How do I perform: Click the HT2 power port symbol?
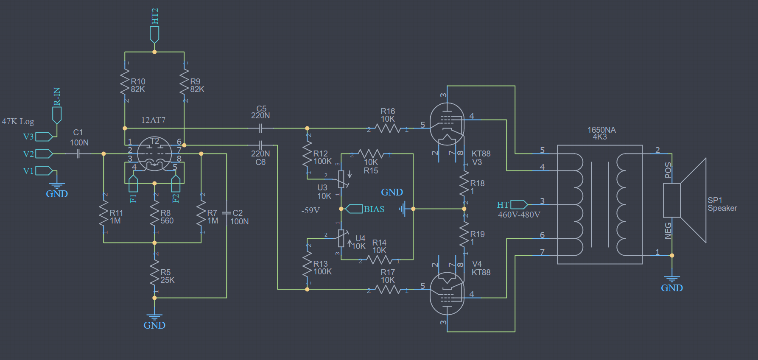click(x=154, y=34)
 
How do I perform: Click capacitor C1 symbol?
click(x=78, y=153)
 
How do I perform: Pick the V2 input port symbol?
click(x=44, y=153)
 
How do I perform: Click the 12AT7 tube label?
click(x=153, y=120)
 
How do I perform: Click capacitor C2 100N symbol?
click(x=227, y=213)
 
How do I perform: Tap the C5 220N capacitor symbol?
click(x=260, y=128)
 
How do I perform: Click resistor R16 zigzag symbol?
click(x=388, y=128)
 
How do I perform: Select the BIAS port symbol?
click(x=354, y=209)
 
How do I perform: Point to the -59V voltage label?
click(x=310, y=210)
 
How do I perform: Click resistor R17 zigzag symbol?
click(x=388, y=289)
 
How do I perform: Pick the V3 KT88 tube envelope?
click(x=447, y=124)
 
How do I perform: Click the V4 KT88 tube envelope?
click(x=447, y=293)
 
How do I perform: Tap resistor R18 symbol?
click(x=464, y=184)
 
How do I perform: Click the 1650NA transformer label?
click(x=601, y=130)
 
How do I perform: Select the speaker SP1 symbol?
click(x=685, y=200)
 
